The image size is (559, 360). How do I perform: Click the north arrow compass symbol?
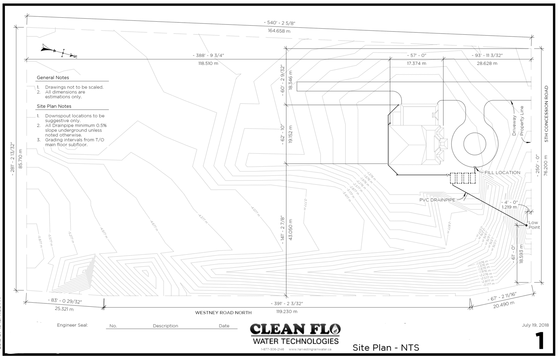[x=58, y=51]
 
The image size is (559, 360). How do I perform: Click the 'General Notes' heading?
[x=53, y=78]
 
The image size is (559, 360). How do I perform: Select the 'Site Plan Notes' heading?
[x=54, y=106]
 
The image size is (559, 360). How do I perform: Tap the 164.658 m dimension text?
[x=279, y=31]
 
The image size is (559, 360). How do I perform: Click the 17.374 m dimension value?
[x=416, y=64]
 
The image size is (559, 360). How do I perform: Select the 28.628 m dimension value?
[x=487, y=64]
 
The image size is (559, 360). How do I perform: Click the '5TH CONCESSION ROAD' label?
[x=546, y=114]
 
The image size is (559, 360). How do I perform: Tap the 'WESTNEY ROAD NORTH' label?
[x=223, y=313]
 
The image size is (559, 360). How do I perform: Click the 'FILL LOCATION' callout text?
[x=502, y=173]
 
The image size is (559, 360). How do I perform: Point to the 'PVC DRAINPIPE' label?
[x=437, y=200]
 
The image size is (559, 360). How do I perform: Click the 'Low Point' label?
[x=533, y=225]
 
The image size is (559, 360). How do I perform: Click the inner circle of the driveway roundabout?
[x=474, y=144]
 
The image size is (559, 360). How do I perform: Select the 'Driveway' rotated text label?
[x=514, y=126]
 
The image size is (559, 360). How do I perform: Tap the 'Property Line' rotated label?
[x=522, y=121]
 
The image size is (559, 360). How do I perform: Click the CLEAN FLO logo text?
[x=295, y=330]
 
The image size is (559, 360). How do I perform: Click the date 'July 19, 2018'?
[x=535, y=325]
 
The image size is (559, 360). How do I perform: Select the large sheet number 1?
[x=540, y=341]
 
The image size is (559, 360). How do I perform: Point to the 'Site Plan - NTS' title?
[x=386, y=348]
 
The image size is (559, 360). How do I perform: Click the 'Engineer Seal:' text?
[x=72, y=325]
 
